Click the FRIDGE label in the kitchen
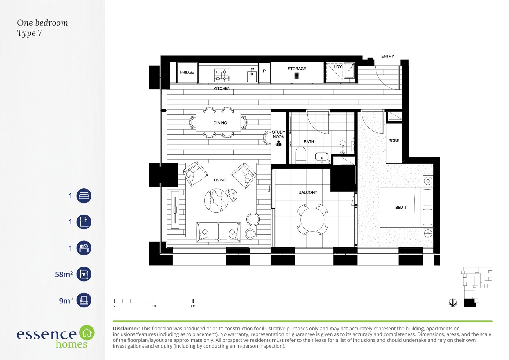[x=187, y=72]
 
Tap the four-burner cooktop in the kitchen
[x=222, y=75]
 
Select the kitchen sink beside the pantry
[x=252, y=75]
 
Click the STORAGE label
[x=297, y=69]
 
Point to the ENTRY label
[x=387, y=56]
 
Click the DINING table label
[x=220, y=123]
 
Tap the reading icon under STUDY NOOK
[x=279, y=143]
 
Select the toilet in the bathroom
[x=301, y=154]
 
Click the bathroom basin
[x=322, y=157]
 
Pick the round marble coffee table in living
[x=216, y=200]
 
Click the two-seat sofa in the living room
[x=218, y=232]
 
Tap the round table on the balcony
[x=312, y=219]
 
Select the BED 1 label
[x=400, y=208]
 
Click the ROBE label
[x=394, y=141]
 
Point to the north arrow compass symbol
[x=453, y=303]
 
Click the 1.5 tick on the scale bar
[x=154, y=306]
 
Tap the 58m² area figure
[x=64, y=274]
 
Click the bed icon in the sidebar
[x=84, y=196]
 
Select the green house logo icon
[x=87, y=333]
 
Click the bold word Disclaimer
[x=127, y=329]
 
